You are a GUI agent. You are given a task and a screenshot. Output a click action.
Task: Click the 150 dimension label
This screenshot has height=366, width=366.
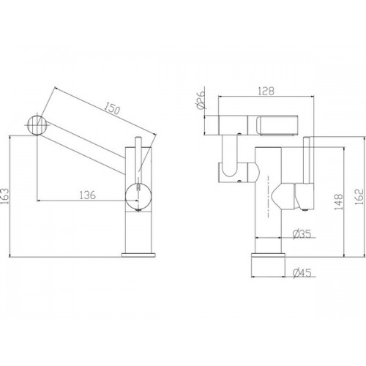112,108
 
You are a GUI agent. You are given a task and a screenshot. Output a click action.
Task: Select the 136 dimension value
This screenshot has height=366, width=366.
88,195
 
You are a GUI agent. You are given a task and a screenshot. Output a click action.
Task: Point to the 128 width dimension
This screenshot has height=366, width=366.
266,91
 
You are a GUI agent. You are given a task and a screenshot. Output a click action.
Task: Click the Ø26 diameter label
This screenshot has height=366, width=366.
200,100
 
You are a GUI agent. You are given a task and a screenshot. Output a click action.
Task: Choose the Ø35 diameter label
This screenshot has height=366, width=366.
302,234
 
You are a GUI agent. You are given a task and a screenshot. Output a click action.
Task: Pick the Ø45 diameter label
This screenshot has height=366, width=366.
302,272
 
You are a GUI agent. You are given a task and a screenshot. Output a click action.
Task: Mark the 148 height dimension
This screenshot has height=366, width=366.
338,202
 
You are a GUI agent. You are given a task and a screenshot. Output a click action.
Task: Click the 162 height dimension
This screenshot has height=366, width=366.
359,197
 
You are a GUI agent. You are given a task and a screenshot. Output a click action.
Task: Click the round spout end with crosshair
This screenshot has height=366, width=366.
37,125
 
